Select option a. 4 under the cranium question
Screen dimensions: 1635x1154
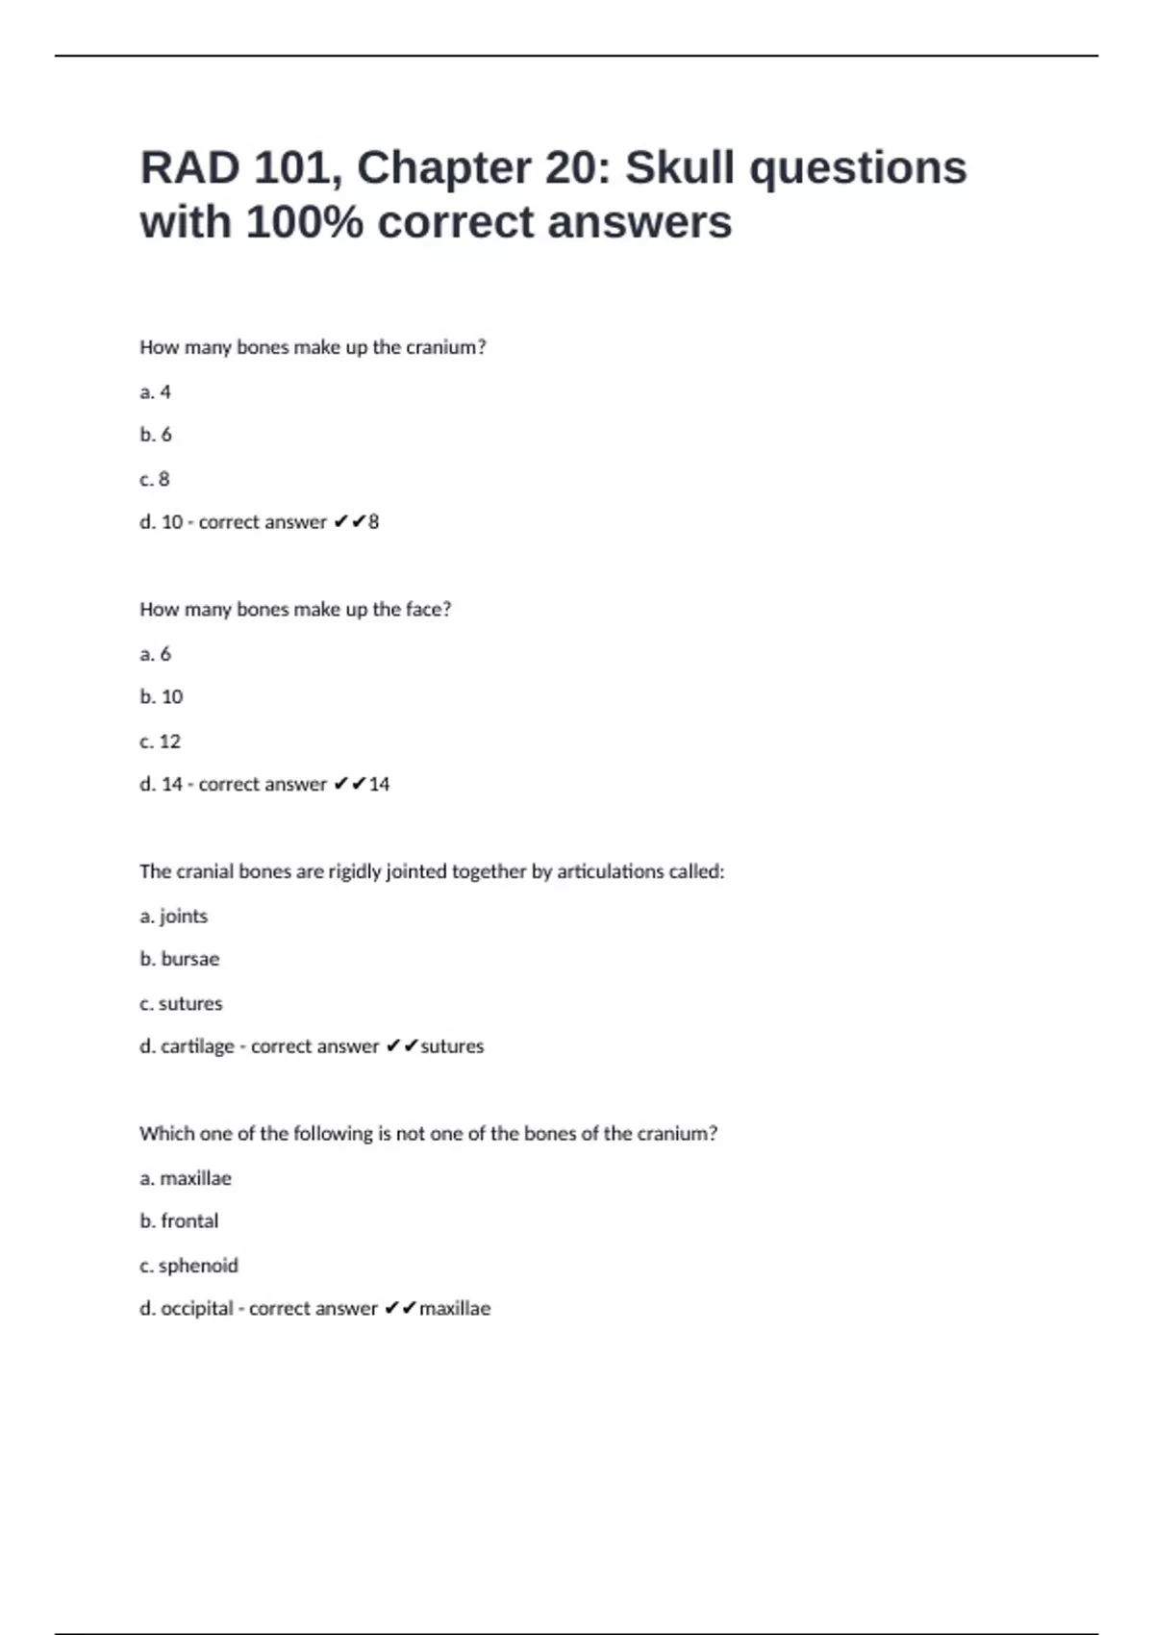(x=156, y=391)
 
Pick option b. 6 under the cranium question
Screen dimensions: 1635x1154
(x=156, y=435)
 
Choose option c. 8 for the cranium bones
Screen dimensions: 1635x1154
(x=155, y=479)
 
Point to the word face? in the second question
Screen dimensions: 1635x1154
(x=428, y=609)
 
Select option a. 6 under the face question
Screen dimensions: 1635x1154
(x=156, y=654)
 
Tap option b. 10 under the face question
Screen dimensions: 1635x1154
(x=162, y=696)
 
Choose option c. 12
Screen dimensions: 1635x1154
(x=161, y=742)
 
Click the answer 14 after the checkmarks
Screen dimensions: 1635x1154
(x=379, y=784)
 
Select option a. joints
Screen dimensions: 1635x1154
(x=174, y=916)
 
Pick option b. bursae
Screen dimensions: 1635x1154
(x=180, y=959)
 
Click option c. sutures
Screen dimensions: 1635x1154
(x=181, y=1003)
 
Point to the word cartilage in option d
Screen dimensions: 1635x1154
(x=197, y=1046)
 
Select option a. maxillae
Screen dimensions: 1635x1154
(x=186, y=1178)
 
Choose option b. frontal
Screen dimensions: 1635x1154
(x=180, y=1220)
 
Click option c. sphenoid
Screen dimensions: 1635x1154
(x=188, y=1266)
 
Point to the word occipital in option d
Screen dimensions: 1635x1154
(x=197, y=1308)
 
